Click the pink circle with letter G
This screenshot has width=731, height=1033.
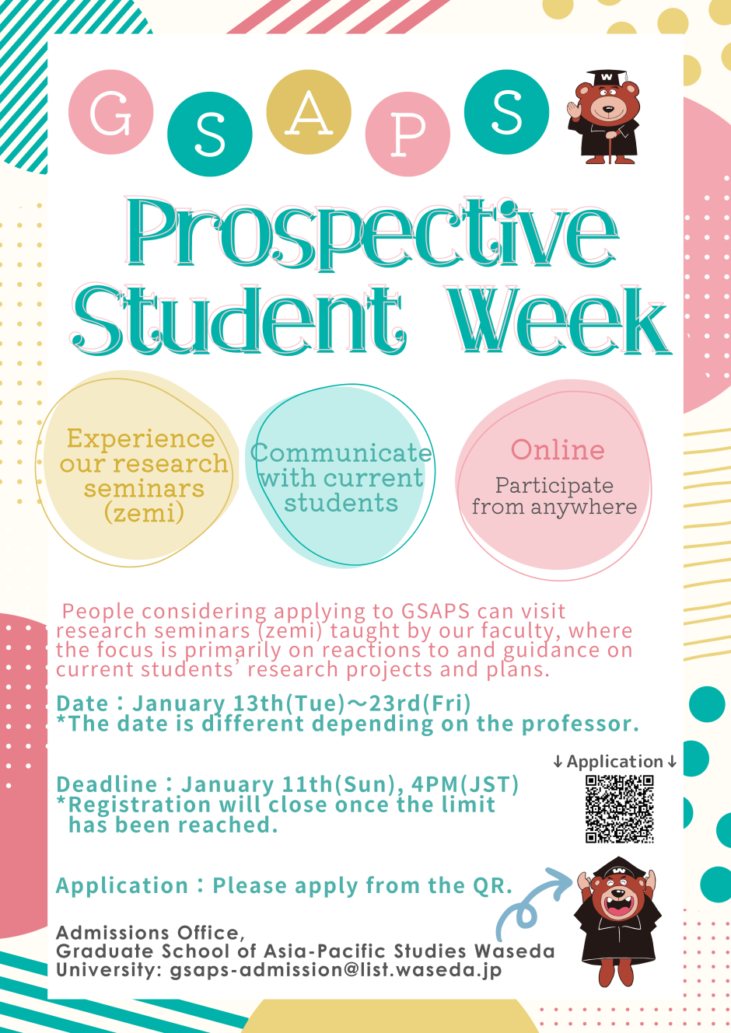(x=110, y=112)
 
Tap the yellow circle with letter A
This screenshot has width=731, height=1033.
(x=309, y=112)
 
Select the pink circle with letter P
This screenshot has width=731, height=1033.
(x=407, y=134)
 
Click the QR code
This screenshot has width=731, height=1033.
(x=619, y=808)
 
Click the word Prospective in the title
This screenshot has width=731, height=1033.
(x=372, y=233)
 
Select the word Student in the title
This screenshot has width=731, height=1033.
(x=237, y=320)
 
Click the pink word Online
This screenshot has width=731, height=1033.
(x=558, y=450)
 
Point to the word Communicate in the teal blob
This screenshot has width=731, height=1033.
(x=341, y=453)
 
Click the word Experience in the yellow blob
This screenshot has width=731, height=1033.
(x=140, y=438)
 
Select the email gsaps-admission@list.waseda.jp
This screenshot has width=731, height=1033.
(x=335, y=970)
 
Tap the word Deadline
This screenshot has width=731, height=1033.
(x=107, y=784)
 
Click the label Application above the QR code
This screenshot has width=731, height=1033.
(x=614, y=762)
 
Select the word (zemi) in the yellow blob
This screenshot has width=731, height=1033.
(x=144, y=513)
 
